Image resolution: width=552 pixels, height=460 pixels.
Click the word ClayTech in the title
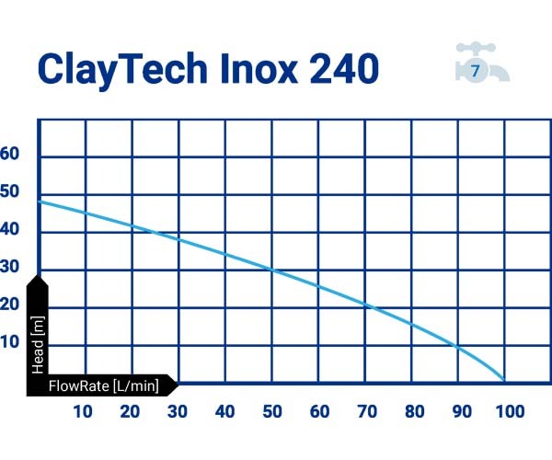point(122,69)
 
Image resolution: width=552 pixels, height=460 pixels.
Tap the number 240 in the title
point(344,68)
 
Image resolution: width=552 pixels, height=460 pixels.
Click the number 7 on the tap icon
point(476,71)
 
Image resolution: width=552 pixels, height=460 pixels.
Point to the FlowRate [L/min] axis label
point(103,386)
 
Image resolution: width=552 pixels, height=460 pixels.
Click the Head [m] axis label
point(38,345)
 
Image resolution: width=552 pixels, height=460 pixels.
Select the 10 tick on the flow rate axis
point(83,411)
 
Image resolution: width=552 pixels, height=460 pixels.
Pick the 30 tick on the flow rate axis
point(177,411)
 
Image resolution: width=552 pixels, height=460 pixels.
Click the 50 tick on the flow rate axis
point(272,411)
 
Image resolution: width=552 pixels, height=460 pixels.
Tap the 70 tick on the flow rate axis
point(367,411)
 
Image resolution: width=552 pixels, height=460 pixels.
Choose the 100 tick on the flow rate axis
point(510,411)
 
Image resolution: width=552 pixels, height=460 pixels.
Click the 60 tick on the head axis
point(9,154)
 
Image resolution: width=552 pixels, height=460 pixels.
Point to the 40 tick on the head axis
point(9,229)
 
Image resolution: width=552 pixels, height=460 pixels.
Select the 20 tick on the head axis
point(9,305)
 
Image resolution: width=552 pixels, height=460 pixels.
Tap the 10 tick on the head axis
point(9,342)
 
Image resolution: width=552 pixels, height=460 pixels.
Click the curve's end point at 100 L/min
point(504,381)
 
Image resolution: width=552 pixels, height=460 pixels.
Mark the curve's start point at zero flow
point(39,201)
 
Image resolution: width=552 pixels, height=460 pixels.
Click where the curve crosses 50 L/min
point(272,270)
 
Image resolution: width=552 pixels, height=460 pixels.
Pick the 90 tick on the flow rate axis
point(462,411)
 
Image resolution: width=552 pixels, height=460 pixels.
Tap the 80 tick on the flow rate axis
point(415,411)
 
